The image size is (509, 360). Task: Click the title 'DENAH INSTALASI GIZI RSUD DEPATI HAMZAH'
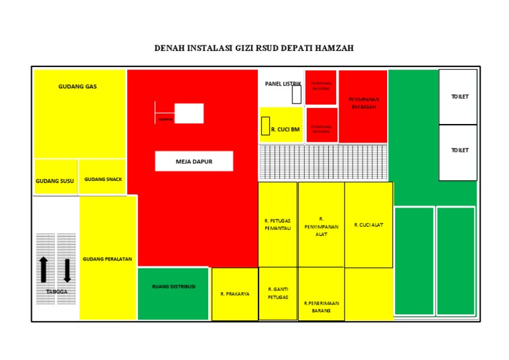click(254, 48)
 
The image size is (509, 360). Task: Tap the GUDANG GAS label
click(78, 87)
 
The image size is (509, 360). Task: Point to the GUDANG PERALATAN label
click(107, 259)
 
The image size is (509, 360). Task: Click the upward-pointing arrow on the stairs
click(44, 269)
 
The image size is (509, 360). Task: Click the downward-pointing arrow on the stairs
click(67, 269)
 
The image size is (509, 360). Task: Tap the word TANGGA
click(56, 292)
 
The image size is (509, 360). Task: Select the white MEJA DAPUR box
click(194, 161)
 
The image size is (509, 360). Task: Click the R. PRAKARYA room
click(235, 294)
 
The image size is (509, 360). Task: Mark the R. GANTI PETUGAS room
click(278, 293)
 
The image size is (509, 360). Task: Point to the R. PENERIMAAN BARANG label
click(321, 306)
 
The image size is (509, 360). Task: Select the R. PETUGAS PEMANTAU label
click(278, 224)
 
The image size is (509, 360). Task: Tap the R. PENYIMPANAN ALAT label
click(321, 226)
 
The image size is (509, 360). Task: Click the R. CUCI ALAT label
click(368, 225)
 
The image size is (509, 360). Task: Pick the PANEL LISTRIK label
click(282, 84)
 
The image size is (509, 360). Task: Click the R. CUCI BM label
click(285, 130)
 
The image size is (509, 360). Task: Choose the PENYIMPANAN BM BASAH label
click(363, 103)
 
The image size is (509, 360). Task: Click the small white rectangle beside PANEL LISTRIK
click(296, 94)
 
